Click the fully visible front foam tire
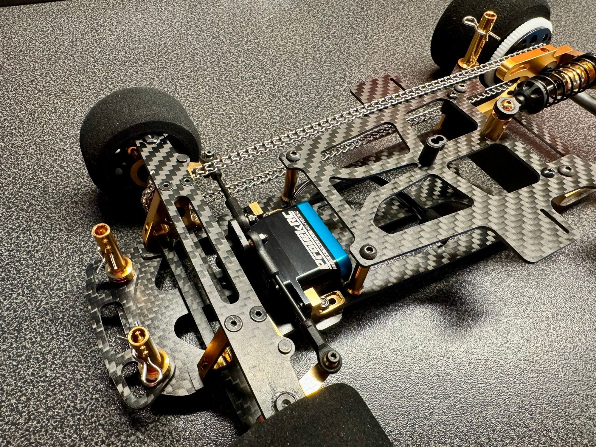(137, 122)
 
